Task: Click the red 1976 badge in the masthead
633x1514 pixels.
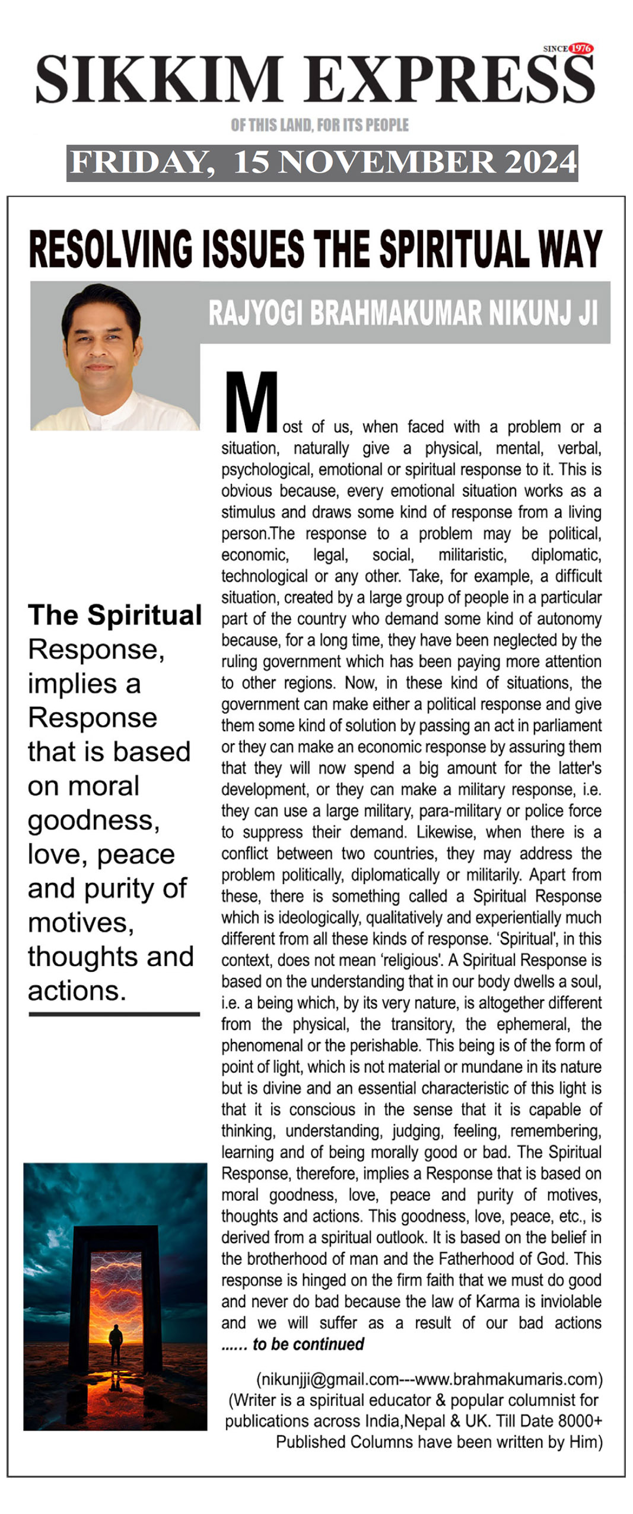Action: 581,49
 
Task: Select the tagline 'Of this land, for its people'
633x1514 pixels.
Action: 320,125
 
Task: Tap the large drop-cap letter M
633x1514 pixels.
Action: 252,402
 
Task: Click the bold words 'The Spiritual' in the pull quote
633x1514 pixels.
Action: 115,615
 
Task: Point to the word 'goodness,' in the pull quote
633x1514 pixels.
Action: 94,820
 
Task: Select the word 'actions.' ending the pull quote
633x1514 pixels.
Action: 77,991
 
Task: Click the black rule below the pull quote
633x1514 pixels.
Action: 114,1015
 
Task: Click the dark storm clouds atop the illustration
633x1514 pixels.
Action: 115,1192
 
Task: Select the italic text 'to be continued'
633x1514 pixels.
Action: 308,1344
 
